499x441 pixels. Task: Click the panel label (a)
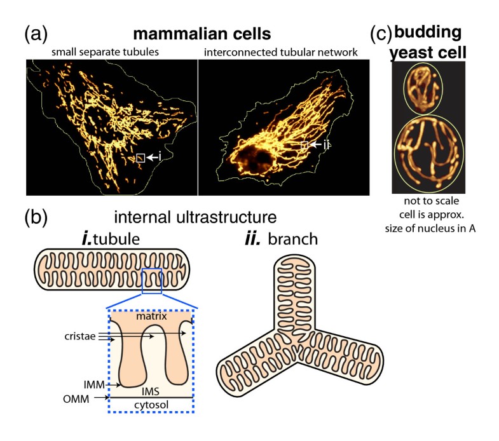(36, 34)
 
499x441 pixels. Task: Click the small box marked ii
(304, 146)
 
